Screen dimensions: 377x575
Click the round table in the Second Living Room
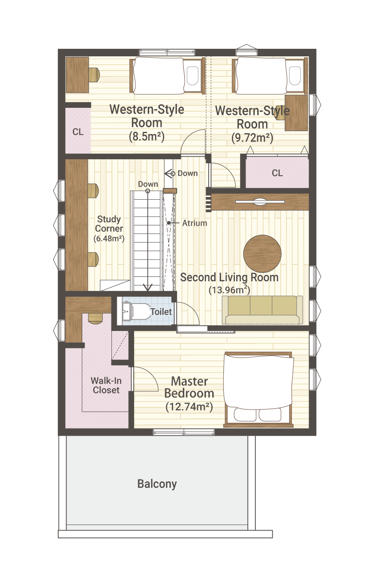262,253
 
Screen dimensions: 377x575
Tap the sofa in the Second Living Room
262,310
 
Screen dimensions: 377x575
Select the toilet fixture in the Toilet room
136,311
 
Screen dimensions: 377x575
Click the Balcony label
157,484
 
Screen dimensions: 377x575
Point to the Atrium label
194,223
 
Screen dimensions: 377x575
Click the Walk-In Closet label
106,385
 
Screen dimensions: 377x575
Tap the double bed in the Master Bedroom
258,390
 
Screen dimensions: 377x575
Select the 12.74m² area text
189,406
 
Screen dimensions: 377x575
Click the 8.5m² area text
147,136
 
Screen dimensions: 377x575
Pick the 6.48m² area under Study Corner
109,238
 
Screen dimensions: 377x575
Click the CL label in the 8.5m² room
78,132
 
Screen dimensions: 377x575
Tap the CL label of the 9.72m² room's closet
277,173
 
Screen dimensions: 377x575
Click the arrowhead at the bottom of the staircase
147,287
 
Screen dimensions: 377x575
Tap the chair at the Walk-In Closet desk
95,318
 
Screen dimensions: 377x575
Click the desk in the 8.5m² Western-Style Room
77,75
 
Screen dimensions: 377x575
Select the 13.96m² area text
229,290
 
